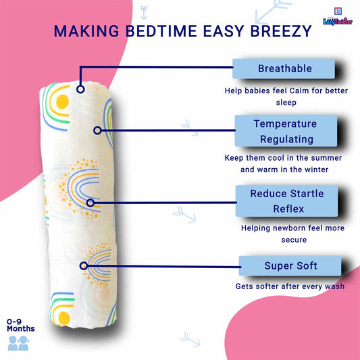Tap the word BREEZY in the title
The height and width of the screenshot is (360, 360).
click(281, 31)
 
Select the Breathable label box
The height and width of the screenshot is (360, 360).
click(284, 68)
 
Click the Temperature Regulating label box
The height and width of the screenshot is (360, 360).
click(286, 131)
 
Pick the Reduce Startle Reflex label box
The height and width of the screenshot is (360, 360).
click(287, 201)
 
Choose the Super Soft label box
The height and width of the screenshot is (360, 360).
click(290, 266)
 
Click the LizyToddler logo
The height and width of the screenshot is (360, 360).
click(338, 16)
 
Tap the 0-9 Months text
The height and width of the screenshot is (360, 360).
click(21, 325)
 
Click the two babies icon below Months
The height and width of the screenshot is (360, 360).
click(18, 343)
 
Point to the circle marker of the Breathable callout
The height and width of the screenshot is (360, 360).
click(80, 89)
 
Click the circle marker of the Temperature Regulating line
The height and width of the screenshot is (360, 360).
click(97, 130)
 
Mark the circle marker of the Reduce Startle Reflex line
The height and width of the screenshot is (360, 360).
click(91, 203)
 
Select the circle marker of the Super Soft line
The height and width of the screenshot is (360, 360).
click(84, 266)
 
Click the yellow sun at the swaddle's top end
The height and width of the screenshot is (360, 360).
click(62, 102)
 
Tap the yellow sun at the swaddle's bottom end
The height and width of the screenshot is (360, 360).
click(64, 318)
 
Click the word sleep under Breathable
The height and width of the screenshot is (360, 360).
click(286, 103)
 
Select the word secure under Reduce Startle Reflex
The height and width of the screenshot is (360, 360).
click(294, 240)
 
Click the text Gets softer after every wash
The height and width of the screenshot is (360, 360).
click(290, 286)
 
